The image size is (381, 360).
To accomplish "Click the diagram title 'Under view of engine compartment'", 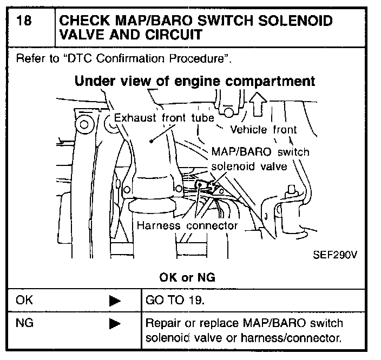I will [195, 82].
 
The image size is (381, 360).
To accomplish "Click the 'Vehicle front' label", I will [264, 130].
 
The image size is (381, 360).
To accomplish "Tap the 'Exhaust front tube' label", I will [165, 118].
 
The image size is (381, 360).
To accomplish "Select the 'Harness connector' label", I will [187, 225].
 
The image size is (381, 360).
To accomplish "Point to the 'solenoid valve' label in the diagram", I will [248, 166].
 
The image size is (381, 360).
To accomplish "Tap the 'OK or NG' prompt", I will [188, 277].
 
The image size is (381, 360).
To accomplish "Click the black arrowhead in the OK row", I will [114, 301].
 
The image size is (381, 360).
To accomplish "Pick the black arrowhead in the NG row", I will [114, 324].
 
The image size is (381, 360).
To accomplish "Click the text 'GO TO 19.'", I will [175, 301].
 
